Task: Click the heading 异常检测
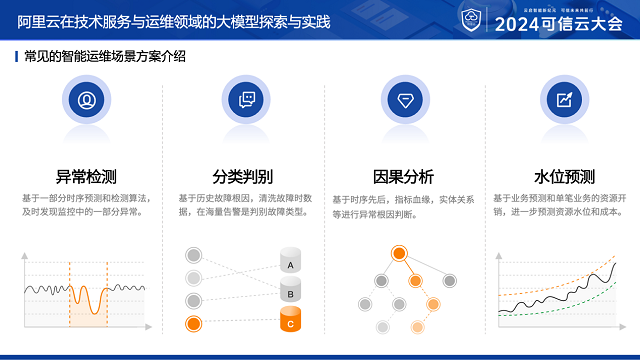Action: click(86, 177)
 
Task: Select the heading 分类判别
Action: click(243, 177)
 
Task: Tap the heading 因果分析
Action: click(403, 177)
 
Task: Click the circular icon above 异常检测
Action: click(87, 99)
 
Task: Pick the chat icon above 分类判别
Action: click(246, 99)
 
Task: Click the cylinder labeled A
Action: click(290, 263)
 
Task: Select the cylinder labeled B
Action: click(290, 292)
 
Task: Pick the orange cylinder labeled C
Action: click(290, 321)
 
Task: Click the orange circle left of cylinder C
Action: click(194, 323)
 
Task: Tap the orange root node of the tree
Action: click(399, 253)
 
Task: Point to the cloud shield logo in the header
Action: click(470, 20)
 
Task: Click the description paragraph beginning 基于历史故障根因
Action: click(245, 205)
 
